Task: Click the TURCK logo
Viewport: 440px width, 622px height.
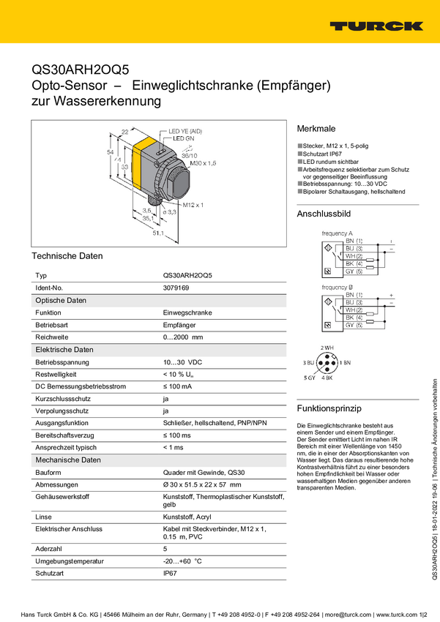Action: click(x=376, y=26)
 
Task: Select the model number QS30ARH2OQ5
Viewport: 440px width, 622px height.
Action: click(x=187, y=275)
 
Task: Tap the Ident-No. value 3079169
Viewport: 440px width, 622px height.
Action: click(x=176, y=288)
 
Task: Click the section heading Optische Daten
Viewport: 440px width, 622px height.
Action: click(x=61, y=300)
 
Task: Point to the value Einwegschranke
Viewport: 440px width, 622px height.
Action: click(x=187, y=312)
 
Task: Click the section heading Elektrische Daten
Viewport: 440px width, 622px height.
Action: click(x=64, y=350)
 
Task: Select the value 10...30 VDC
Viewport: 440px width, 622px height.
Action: click(x=182, y=362)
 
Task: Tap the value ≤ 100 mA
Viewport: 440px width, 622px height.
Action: click(x=179, y=386)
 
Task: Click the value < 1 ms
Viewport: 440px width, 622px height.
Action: click(x=173, y=447)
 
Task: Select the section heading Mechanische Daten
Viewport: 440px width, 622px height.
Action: click(x=67, y=460)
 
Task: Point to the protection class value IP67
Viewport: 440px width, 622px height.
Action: click(x=170, y=574)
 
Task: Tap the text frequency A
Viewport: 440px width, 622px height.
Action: click(x=338, y=233)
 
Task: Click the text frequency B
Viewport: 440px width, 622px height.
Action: click(x=338, y=287)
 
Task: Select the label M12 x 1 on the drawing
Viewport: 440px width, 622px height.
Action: click(x=193, y=205)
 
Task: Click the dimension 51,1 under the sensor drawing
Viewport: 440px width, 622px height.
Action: click(x=157, y=233)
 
